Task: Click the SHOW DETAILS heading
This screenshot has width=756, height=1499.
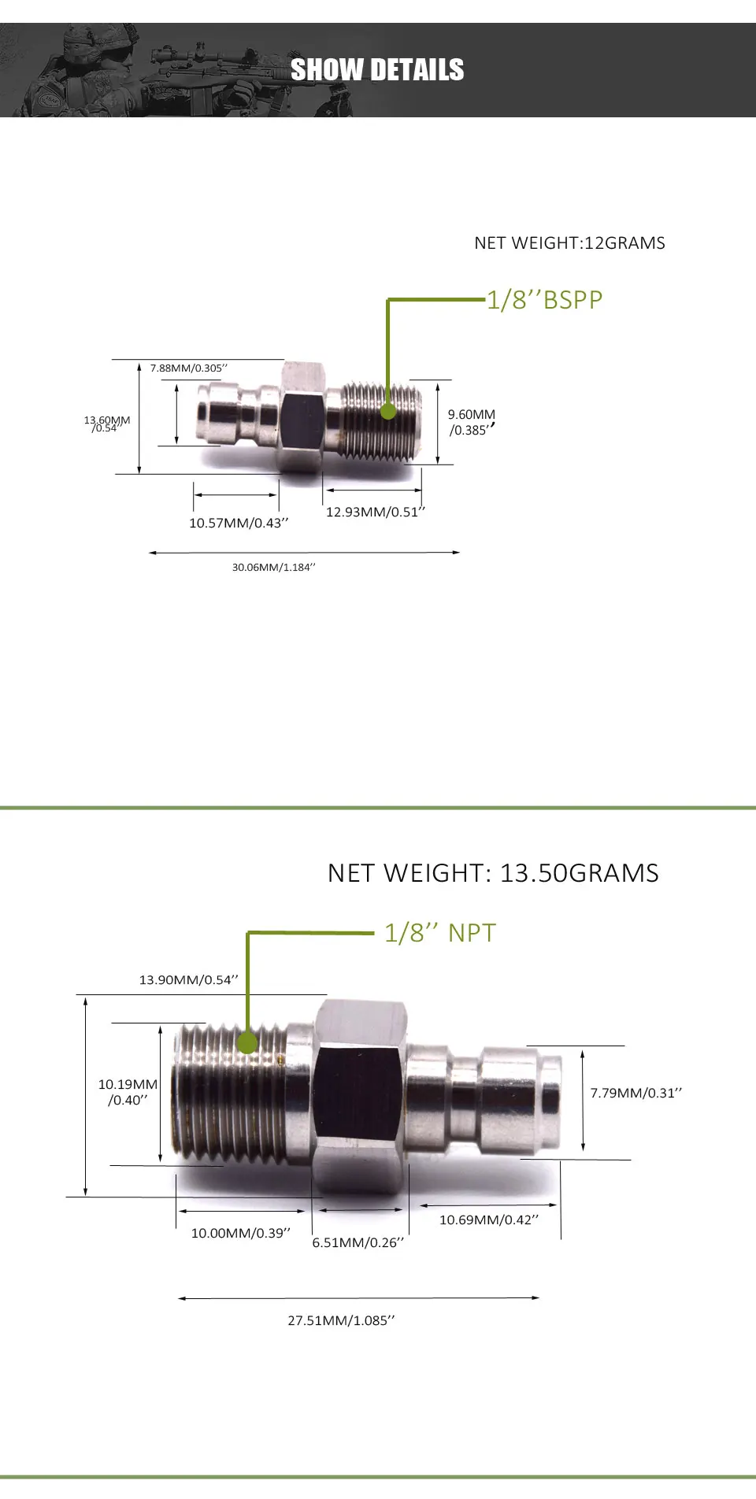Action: tap(377, 70)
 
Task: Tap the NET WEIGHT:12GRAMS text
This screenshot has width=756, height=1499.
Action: tap(569, 243)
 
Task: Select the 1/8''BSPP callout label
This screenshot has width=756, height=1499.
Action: tap(544, 300)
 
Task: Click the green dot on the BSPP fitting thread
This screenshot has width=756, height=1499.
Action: tap(388, 411)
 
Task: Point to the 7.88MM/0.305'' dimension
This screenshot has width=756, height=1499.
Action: tap(189, 368)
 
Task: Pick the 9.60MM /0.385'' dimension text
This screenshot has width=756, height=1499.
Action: tap(472, 422)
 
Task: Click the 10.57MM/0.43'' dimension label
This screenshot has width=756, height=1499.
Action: tap(239, 524)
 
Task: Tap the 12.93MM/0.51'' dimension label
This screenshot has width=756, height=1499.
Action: tap(375, 513)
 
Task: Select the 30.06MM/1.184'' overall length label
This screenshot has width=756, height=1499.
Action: tap(273, 568)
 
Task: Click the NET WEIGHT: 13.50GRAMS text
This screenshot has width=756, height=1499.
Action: tap(493, 873)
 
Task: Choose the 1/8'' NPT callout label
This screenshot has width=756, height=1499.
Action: tap(440, 933)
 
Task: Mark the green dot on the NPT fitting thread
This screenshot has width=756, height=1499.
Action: tap(248, 1042)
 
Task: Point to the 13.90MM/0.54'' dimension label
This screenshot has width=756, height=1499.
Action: tap(188, 980)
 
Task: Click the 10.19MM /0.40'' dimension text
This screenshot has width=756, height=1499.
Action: tap(128, 1092)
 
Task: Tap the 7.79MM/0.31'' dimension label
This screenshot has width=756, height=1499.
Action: tap(636, 1093)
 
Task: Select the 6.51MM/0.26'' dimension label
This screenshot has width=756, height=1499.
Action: tap(358, 1243)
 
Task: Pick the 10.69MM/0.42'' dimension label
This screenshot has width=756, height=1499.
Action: tap(489, 1220)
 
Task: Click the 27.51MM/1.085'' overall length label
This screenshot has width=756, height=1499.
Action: tap(341, 1321)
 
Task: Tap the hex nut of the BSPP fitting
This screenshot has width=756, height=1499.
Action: tap(302, 417)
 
